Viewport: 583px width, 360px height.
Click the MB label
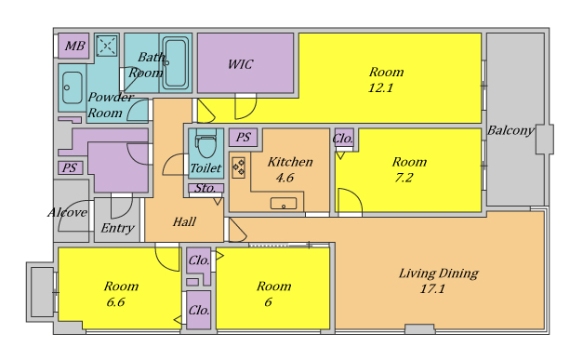tap(74, 46)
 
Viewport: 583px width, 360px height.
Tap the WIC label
tap(240, 64)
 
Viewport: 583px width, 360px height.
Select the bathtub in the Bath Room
tap(176, 63)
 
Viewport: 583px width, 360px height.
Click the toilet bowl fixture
tap(206, 144)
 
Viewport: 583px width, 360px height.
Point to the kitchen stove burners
tap(238, 167)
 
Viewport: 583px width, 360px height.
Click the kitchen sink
tap(284, 204)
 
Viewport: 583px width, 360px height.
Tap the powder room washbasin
tap(73, 87)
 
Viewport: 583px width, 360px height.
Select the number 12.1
tap(380, 87)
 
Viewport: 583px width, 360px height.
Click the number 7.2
tap(404, 178)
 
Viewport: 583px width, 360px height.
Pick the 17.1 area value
tap(432, 288)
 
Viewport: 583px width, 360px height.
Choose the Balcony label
tap(510, 130)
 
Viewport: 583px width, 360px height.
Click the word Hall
tap(184, 222)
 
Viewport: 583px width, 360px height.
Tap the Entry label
tap(117, 228)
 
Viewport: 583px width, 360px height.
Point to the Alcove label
tap(67, 212)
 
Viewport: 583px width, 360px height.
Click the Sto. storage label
tap(205, 188)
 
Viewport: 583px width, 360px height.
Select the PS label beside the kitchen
tap(244, 137)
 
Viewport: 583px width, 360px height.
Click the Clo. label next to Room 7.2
tap(343, 139)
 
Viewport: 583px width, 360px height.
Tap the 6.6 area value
tap(115, 302)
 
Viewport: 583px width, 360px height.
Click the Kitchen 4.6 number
tap(285, 178)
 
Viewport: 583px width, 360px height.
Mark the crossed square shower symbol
tap(107, 47)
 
